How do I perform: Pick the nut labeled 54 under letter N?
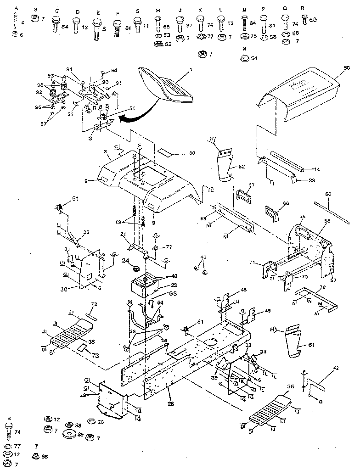coord(244,58)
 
